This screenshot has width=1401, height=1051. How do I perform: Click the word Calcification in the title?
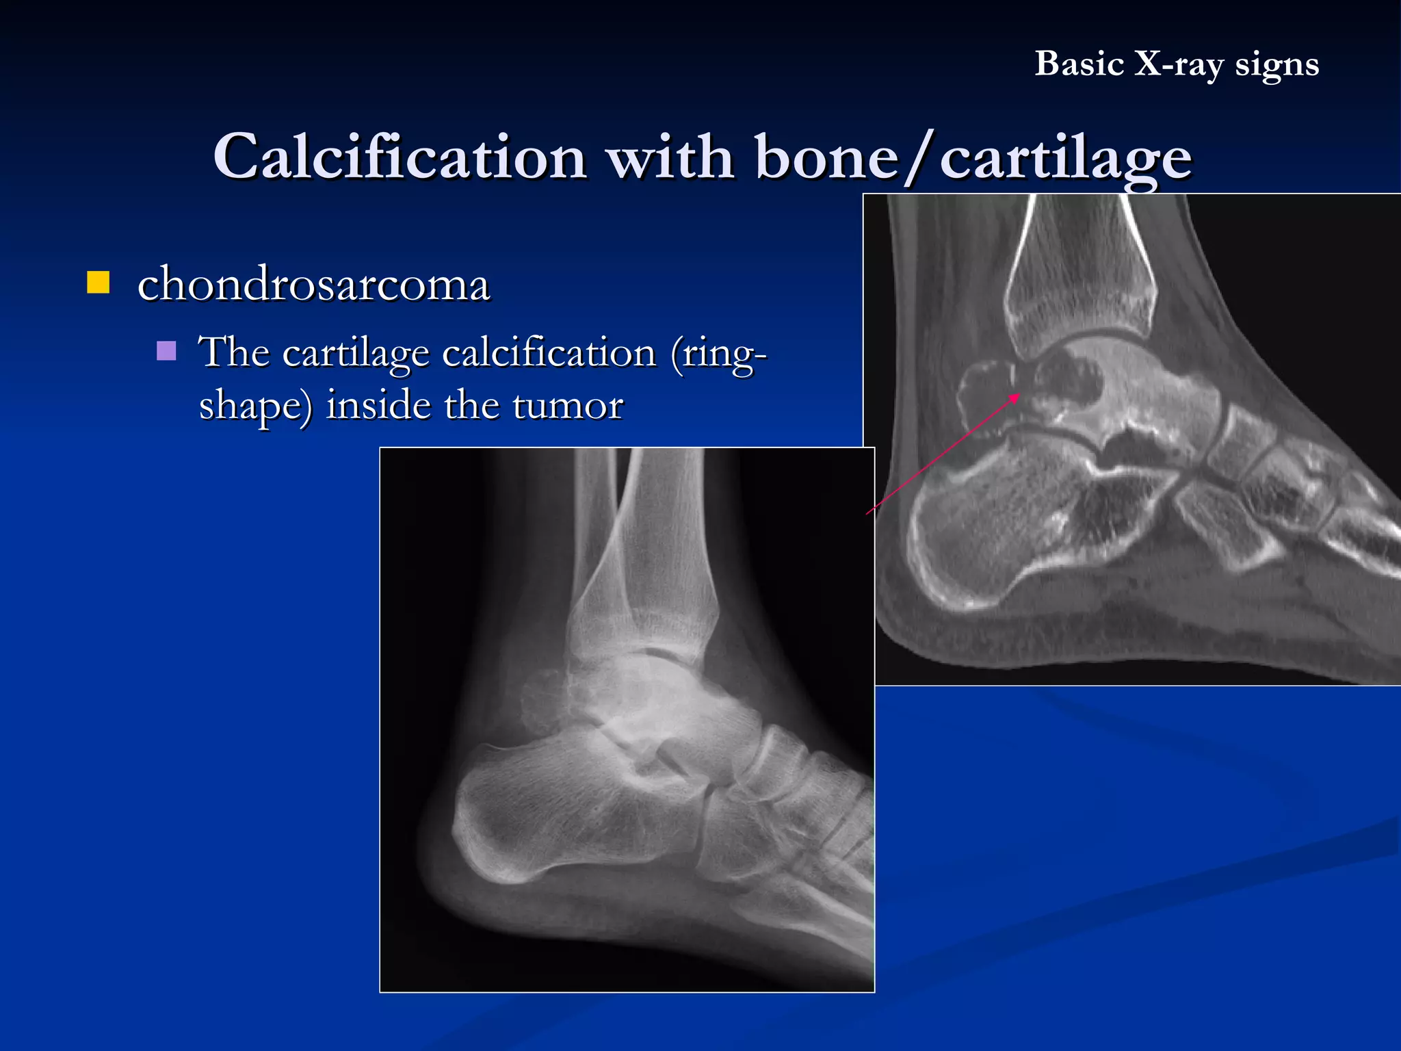[x=400, y=157]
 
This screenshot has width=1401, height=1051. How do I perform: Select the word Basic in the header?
[x=1079, y=64]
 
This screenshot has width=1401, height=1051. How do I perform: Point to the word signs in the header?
[x=1276, y=66]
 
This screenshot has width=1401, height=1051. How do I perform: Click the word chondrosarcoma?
[x=313, y=285]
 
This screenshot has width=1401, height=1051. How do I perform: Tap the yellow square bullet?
[x=99, y=282]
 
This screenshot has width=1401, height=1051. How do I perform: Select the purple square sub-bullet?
[x=166, y=351]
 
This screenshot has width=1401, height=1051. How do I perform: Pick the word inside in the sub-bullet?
[x=378, y=404]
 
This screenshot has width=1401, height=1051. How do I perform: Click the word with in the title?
[x=670, y=157]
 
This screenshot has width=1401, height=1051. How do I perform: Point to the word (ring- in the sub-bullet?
[x=719, y=354]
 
